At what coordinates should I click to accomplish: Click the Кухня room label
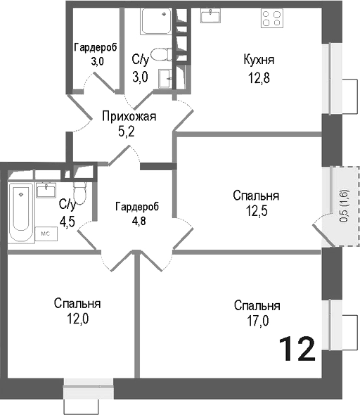click(x=258, y=59)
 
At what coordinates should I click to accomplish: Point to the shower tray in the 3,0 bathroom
click(x=155, y=23)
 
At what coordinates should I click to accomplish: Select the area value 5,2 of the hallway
click(x=127, y=130)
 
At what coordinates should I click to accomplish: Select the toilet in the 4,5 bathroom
click(x=79, y=193)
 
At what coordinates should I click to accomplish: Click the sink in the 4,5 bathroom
click(x=49, y=189)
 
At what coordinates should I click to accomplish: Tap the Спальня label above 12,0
click(x=77, y=304)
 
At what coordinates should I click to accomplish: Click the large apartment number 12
click(x=296, y=348)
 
